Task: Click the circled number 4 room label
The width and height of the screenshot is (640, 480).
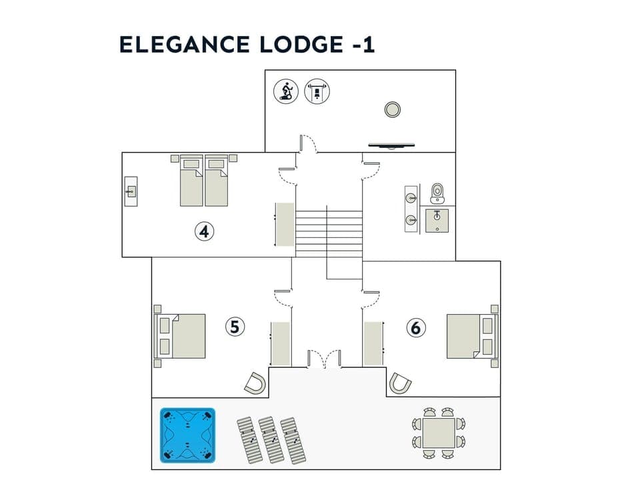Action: click(205, 231)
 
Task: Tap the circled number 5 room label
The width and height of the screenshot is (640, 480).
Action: click(235, 327)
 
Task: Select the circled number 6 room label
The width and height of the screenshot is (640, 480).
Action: click(416, 327)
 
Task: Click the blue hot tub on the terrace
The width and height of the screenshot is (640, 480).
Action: click(187, 435)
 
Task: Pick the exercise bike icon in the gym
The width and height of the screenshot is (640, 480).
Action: click(286, 91)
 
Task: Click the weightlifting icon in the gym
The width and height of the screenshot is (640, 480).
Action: click(317, 91)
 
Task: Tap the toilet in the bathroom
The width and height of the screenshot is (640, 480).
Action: click(437, 192)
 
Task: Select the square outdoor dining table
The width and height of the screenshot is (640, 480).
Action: click(439, 432)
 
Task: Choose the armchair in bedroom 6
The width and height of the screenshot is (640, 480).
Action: click(400, 383)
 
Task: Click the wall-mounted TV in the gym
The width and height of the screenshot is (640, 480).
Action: click(393, 144)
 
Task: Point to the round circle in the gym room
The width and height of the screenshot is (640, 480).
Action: click(393, 109)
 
